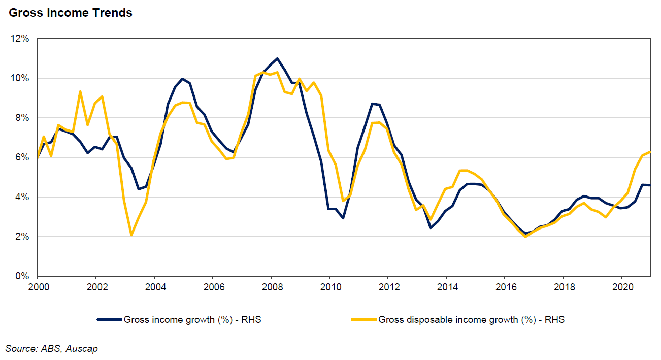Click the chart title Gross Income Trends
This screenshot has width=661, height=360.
[71, 13]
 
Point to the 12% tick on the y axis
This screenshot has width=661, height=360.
[21, 39]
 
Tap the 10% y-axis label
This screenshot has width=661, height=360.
[21, 78]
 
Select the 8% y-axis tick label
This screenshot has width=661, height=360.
[23, 118]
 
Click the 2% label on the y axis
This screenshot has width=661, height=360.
[23, 237]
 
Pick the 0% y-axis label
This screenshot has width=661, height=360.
[23, 276]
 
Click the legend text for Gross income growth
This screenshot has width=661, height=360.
[192, 320]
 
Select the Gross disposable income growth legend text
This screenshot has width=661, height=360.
[472, 320]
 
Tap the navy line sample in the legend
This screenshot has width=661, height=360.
[110, 320]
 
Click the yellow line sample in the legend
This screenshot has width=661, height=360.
[364, 320]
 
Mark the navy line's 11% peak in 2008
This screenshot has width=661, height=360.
[277, 58]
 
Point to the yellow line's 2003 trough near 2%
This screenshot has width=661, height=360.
[131, 235]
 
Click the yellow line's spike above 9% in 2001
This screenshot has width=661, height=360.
[80, 91]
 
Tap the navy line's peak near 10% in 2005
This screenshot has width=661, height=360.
[182, 79]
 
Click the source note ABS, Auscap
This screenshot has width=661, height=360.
[52, 348]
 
